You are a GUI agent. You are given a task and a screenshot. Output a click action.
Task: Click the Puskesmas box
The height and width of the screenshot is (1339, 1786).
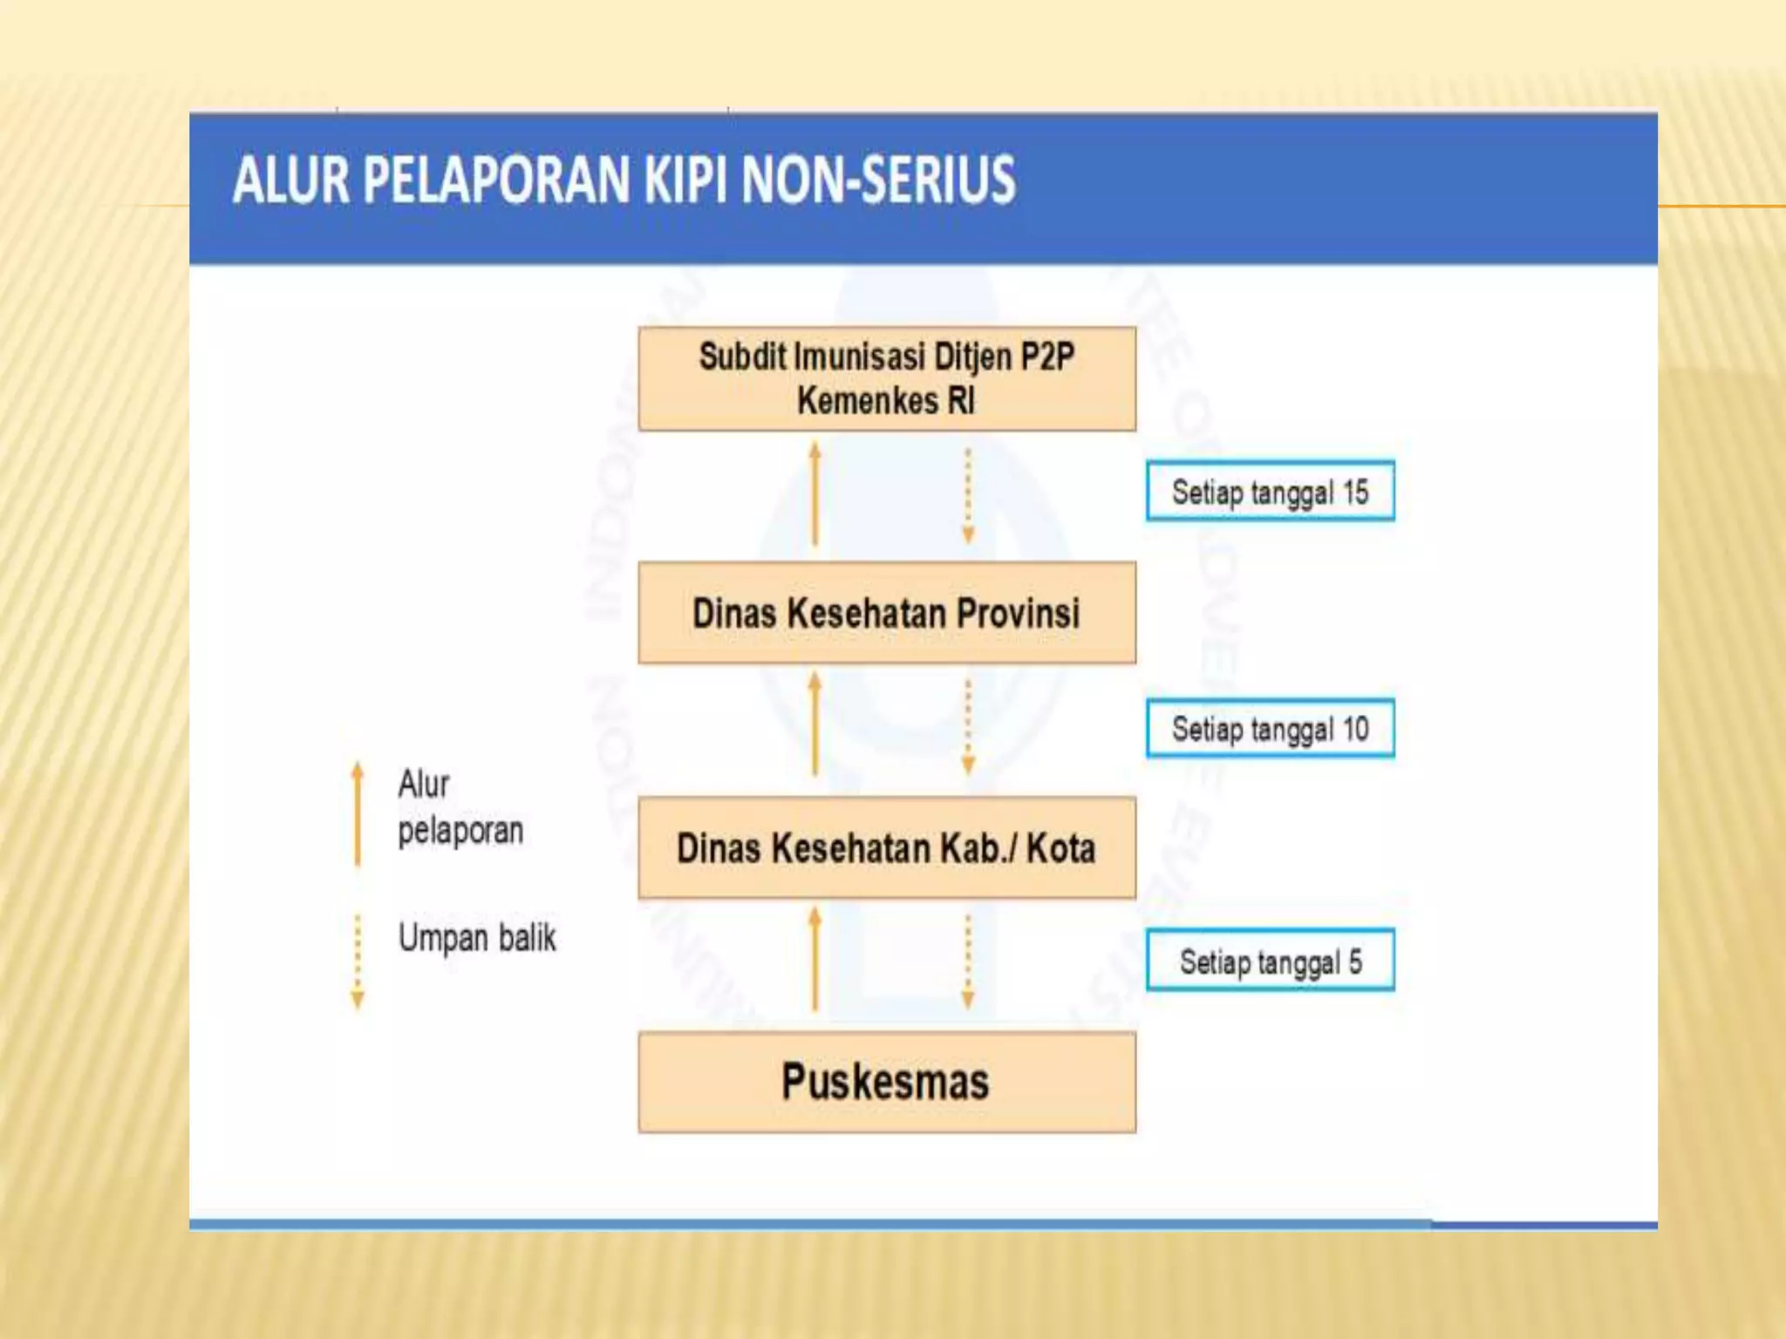[887, 1082]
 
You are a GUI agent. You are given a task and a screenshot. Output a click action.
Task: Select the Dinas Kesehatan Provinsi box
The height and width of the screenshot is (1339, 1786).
[887, 613]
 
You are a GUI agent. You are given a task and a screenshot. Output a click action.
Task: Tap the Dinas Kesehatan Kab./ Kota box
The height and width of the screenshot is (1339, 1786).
[887, 847]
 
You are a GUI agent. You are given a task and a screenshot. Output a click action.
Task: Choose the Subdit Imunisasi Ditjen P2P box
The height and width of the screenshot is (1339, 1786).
[887, 378]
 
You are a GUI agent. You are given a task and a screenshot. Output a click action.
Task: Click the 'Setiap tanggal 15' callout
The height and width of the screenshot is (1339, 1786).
[1270, 492]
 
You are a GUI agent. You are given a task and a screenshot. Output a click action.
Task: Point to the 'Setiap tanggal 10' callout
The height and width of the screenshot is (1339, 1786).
[1270, 729]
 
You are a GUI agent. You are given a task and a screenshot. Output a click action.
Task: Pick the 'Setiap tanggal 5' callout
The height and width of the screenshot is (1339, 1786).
[1270, 962]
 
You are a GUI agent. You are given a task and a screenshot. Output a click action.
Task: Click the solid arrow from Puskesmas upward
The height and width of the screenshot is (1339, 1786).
[815, 959]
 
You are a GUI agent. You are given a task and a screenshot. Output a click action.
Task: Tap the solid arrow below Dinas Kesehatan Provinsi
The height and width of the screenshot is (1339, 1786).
[815, 724]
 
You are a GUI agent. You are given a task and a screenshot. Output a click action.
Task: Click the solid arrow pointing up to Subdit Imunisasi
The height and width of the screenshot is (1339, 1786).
[815, 493]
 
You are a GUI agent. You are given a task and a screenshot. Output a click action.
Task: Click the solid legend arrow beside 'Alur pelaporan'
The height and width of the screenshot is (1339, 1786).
[357, 813]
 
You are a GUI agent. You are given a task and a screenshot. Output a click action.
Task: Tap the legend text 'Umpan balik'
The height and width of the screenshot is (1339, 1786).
[476, 938]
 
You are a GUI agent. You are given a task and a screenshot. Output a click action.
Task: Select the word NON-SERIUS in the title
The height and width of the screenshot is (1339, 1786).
[878, 180]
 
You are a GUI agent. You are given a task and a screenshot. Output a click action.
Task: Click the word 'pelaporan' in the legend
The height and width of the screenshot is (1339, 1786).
[460, 831]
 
